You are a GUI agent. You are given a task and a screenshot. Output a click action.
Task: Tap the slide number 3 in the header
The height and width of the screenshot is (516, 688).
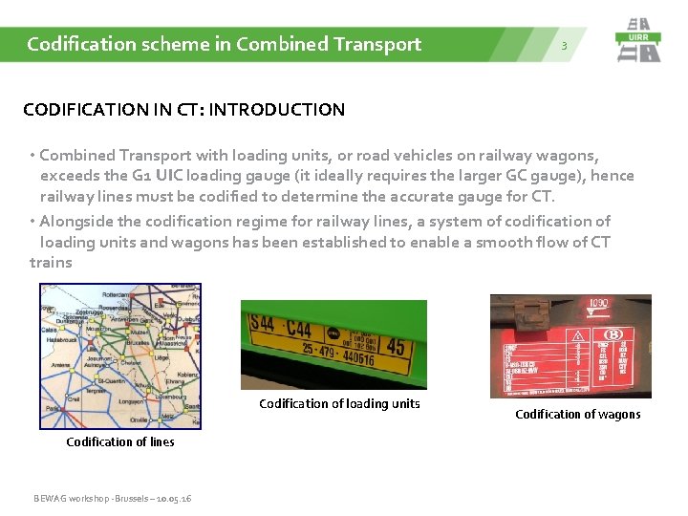point(564,46)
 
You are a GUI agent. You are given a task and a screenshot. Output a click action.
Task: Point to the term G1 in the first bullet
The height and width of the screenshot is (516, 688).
point(141,175)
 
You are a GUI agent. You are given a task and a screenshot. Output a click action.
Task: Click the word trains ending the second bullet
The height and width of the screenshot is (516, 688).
point(51,263)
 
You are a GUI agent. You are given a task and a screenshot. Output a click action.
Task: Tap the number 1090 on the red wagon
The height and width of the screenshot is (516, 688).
point(598,303)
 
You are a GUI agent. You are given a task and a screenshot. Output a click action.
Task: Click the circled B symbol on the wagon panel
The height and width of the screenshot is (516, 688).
point(613,334)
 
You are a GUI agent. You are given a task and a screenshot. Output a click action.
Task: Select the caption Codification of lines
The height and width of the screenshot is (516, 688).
point(120,442)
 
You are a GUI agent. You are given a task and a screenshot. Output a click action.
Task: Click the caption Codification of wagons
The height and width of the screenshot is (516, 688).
point(578,415)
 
